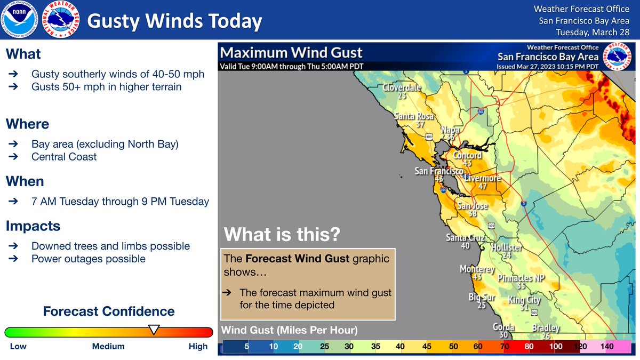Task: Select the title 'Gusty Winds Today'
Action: point(174,21)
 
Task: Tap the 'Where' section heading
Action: point(27,124)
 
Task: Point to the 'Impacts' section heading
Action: point(33,226)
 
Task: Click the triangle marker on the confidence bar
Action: point(154,330)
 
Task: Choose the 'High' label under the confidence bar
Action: point(198,346)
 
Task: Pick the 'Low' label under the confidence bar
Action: point(18,346)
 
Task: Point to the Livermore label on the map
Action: point(483,178)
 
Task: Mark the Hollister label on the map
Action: point(506,248)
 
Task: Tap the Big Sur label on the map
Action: point(481,297)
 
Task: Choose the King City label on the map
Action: point(524,300)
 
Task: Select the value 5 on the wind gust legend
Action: point(247,346)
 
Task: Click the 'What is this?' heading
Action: point(282,234)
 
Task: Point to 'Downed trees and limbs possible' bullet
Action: point(110,246)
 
